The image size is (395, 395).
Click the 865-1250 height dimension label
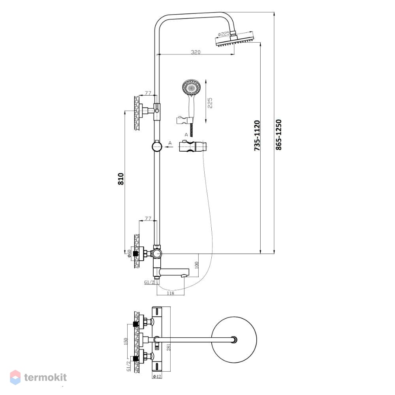coord(278,135)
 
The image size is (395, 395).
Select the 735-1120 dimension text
coord(257,135)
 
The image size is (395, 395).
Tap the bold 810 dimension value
coord(121,179)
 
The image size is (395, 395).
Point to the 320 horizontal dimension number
coord(196,52)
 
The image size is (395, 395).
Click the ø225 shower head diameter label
coord(224,34)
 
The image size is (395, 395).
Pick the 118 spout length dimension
coord(171,293)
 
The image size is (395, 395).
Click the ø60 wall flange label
coord(129,254)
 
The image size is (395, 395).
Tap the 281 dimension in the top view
coord(169,347)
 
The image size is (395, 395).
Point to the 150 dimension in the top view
coord(126,341)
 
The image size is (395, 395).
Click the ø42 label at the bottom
coord(157,376)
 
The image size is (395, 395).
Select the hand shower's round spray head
coord(192,88)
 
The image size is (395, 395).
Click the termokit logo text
coord(45,377)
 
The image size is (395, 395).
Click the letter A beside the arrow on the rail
coord(170,143)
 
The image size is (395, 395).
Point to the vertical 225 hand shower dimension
coord(210,103)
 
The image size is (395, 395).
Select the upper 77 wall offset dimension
coord(148,93)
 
